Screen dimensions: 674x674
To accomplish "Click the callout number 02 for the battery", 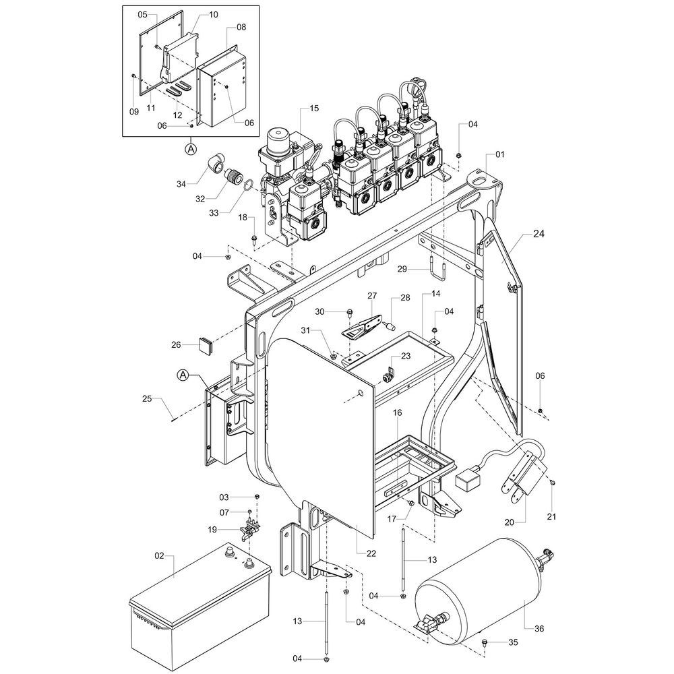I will [160, 556].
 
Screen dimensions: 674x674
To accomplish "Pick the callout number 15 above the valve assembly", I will [315, 109].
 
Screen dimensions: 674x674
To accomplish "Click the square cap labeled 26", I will [206, 346].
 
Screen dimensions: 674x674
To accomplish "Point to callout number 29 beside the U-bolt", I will [402, 269].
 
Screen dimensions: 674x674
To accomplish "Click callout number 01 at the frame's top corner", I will [499, 155].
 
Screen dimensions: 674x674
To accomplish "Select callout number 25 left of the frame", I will [148, 400].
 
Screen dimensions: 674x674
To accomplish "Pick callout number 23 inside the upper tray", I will [405, 357].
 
